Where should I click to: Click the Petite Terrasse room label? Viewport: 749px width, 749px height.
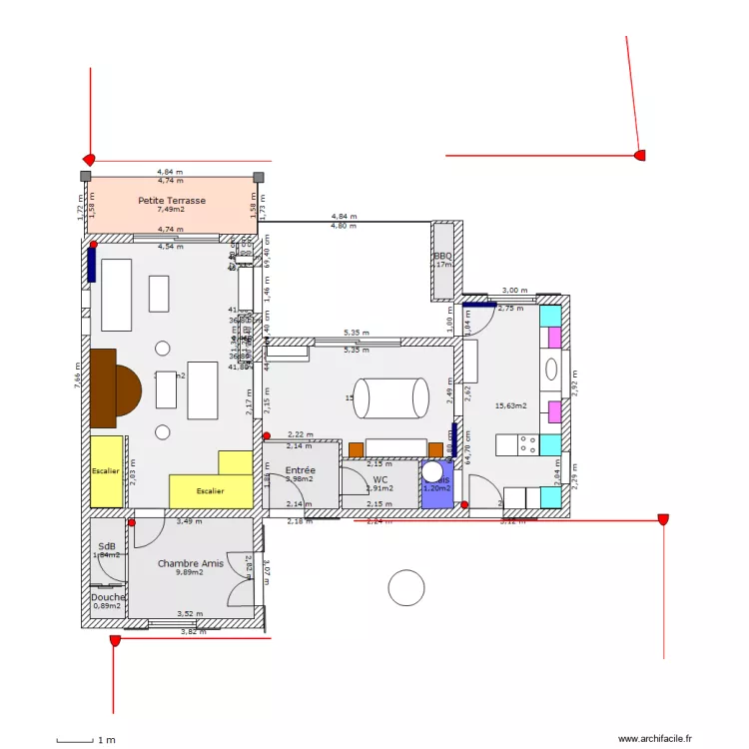pos(171,200)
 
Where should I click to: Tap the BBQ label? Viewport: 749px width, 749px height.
pos(441,256)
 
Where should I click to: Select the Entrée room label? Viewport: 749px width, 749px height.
pos(300,469)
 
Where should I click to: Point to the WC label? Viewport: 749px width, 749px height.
pos(379,479)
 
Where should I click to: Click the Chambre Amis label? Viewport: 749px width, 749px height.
pos(190,563)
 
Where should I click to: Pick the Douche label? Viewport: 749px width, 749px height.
pos(109,597)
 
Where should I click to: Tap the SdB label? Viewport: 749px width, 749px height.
pos(107,546)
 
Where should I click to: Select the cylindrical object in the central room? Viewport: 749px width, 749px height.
pos(391,398)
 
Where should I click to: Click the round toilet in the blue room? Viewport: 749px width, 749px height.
pos(432,471)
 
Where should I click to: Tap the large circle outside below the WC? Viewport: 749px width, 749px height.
pos(406,587)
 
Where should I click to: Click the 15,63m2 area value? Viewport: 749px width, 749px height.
pos(510,405)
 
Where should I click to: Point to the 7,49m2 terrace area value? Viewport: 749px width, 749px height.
pos(171,210)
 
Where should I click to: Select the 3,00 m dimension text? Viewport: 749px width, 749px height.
pos(515,290)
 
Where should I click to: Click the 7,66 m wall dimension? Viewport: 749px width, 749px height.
pos(77,374)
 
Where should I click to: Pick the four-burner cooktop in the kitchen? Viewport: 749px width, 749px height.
pos(517,444)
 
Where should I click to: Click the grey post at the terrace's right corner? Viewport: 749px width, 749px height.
pos(258,177)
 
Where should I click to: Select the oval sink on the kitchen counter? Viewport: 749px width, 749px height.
pos(550,370)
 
